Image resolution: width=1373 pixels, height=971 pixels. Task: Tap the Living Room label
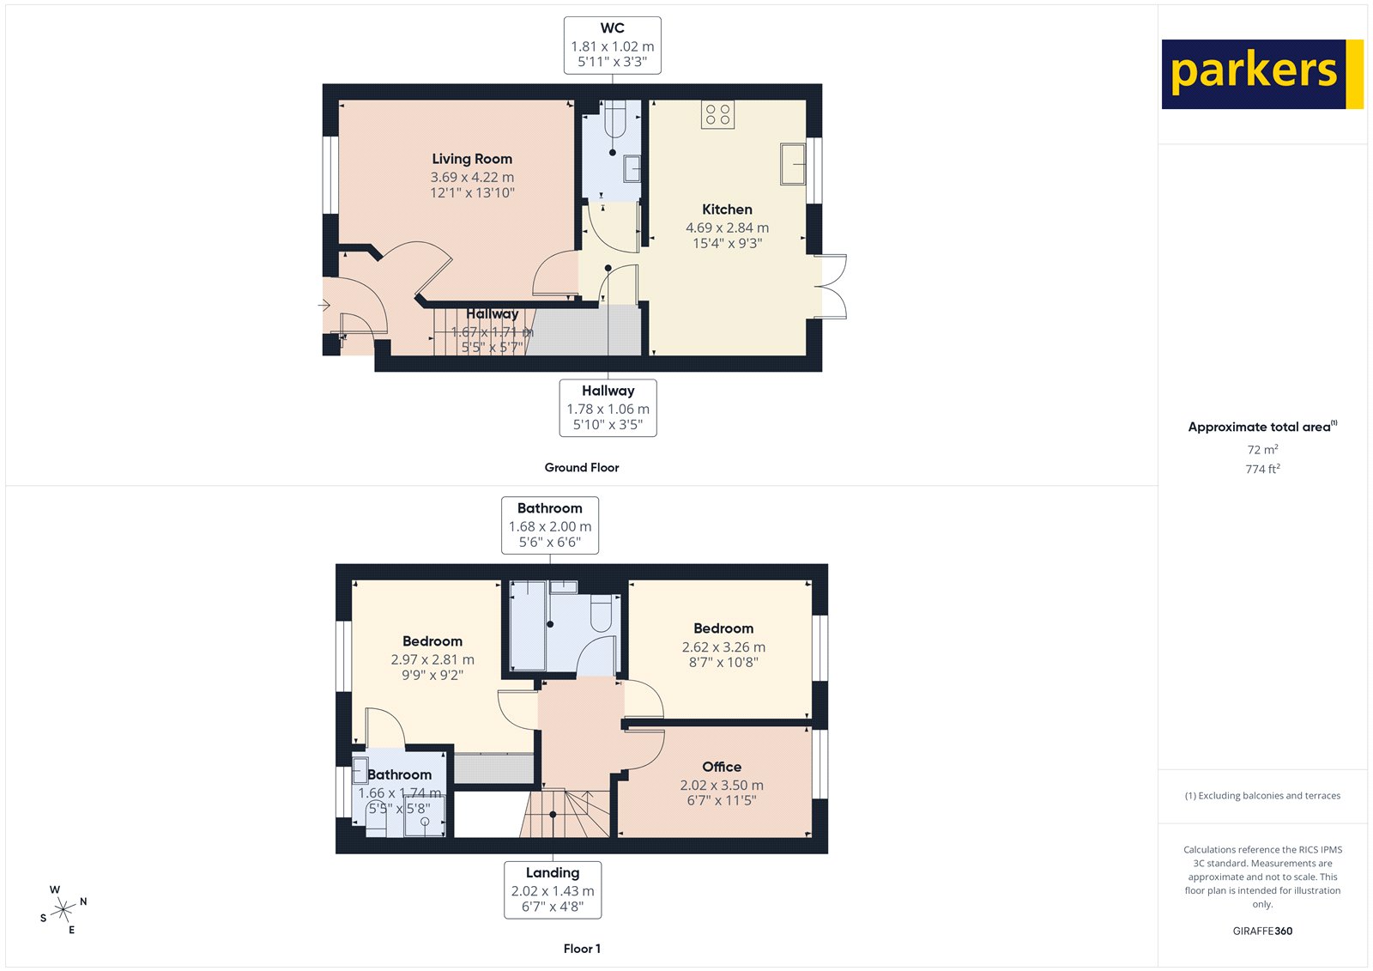click(x=472, y=159)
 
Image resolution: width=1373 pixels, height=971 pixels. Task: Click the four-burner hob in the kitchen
click(x=717, y=114)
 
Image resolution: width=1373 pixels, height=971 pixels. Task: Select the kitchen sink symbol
click(x=793, y=164)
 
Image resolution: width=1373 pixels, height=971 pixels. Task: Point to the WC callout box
click(x=612, y=45)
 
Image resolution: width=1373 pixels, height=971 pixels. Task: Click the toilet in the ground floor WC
click(x=614, y=120)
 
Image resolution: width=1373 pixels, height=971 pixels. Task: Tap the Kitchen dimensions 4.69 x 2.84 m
click(x=727, y=228)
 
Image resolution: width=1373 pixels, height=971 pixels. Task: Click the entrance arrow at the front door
click(x=324, y=305)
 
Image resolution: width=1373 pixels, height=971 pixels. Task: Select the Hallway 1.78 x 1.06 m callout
click(x=608, y=408)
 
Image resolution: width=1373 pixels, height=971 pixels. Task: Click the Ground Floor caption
click(x=581, y=468)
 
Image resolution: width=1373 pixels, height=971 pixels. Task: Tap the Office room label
click(x=722, y=767)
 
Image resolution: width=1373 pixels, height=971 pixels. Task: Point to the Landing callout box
click(x=553, y=889)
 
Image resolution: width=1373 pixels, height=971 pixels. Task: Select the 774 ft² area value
click(x=1262, y=469)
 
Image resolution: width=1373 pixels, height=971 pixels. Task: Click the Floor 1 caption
click(x=582, y=949)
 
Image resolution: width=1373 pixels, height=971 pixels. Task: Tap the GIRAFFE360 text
click(x=1262, y=931)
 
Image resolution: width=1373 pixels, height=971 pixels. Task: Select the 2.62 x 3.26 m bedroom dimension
click(x=723, y=647)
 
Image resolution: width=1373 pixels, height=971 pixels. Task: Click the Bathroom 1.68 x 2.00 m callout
click(x=550, y=525)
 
